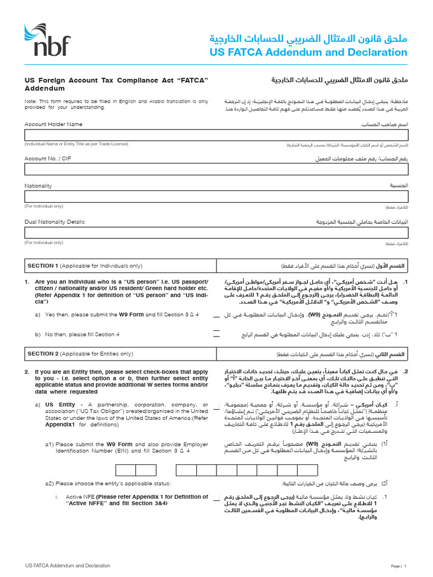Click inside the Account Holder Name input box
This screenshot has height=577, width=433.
coord(216,135)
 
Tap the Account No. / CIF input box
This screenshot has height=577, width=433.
coord(216,170)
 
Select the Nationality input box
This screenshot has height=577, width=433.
coord(216,197)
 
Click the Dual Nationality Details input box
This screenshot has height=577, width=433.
coord(216,233)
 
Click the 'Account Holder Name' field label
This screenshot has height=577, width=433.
coord(54,124)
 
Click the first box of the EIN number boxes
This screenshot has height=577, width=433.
coord(126,471)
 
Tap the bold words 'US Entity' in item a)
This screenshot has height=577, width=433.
coord(60,405)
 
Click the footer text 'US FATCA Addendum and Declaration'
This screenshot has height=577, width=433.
coord(68,565)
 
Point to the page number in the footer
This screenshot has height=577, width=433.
coord(404,566)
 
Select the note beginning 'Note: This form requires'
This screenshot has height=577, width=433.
coord(116,104)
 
